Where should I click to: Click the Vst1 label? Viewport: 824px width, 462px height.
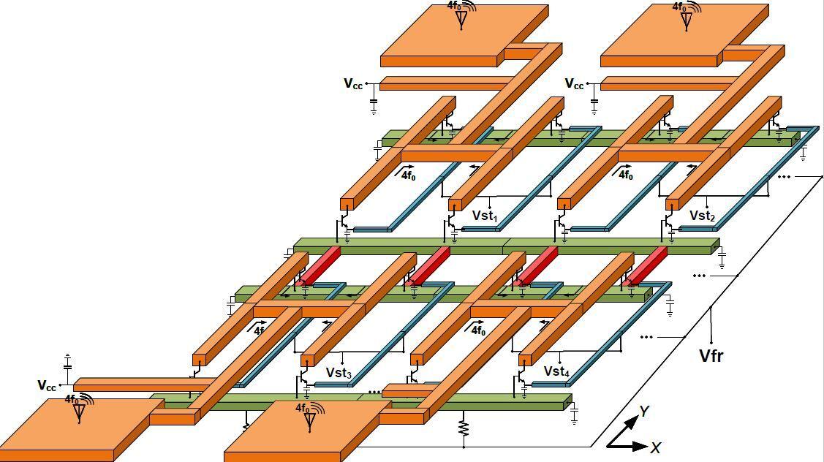pyautogui.click(x=484, y=216)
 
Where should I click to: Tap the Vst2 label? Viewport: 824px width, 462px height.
pyautogui.click(x=702, y=216)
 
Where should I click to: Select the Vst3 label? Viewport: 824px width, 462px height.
pyautogui.click(x=339, y=374)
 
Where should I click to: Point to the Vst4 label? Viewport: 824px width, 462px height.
pyautogui.click(x=556, y=371)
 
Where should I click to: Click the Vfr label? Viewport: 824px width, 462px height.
pyautogui.click(x=711, y=356)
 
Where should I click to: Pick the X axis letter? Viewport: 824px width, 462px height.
pyautogui.click(x=656, y=447)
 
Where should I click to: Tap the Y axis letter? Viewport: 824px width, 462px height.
pyautogui.click(x=643, y=412)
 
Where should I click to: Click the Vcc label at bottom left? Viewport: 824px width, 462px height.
pyautogui.click(x=47, y=385)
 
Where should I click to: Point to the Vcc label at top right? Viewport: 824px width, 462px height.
pyautogui.click(x=574, y=84)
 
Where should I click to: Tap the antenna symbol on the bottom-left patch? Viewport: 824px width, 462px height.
pyautogui.click(x=79, y=412)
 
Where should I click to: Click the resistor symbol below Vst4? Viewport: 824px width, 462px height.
pyautogui.click(x=463, y=427)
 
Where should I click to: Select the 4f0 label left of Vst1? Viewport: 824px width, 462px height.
pyautogui.click(x=406, y=175)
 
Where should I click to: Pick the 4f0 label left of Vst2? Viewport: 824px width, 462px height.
pyautogui.click(x=625, y=175)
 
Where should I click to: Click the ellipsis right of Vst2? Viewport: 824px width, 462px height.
pyautogui.click(x=784, y=177)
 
